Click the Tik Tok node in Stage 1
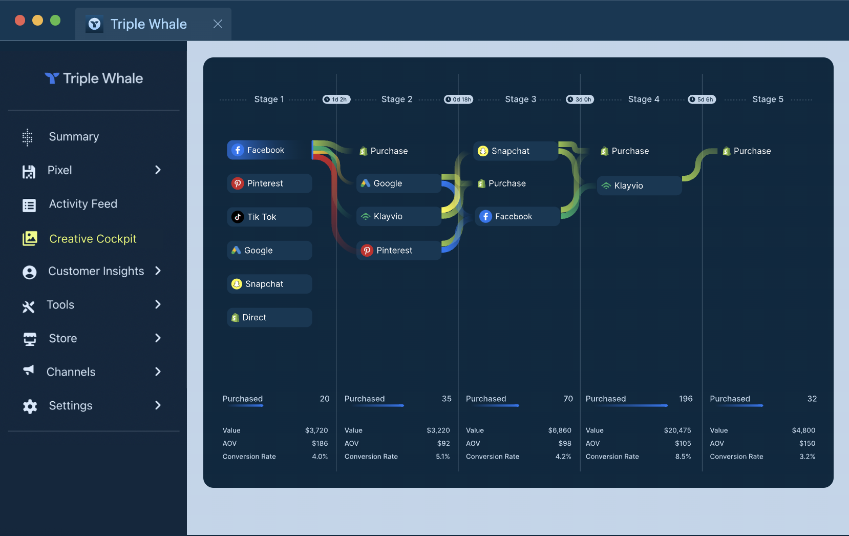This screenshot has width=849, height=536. point(269,217)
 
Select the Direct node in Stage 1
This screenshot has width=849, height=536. point(269,318)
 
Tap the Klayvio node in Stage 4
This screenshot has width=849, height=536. point(639,185)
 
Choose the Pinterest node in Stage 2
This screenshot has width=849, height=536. point(398,251)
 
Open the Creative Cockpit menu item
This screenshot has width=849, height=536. point(93,239)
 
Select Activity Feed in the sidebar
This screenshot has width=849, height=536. point(83,204)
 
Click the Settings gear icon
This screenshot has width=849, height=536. point(30,406)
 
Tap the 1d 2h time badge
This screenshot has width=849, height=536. point(336,99)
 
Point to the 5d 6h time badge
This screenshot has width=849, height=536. point(702,99)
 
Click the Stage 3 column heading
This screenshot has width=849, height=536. point(520,99)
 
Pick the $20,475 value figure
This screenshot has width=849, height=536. point(677,430)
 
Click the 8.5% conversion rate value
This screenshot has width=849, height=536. point(683,457)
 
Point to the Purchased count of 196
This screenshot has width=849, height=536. point(685,399)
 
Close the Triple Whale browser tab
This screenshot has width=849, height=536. point(218,24)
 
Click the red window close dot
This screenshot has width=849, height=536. point(20,20)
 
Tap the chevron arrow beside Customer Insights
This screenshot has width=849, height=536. point(158,271)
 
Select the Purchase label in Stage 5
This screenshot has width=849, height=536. point(752,151)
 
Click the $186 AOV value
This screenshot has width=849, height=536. point(320,443)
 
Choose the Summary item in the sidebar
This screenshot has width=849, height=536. point(74,137)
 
